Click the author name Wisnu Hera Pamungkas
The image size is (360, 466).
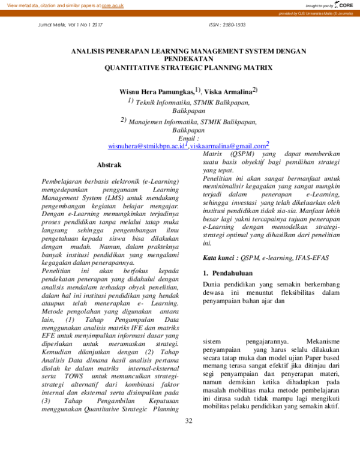[157, 92]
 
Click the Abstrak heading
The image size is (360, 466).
[109, 165]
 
